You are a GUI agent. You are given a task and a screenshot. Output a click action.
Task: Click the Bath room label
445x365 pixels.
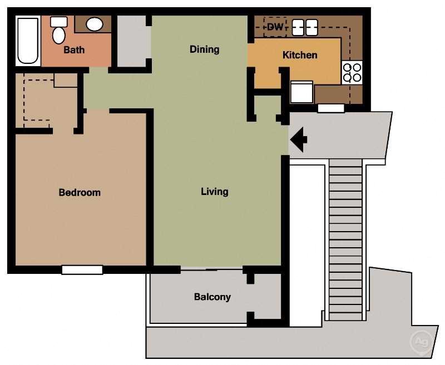(74, 50)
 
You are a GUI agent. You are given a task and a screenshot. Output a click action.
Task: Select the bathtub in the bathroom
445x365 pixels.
(28, 41)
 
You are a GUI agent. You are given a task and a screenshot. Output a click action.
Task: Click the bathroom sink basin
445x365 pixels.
(95, 24)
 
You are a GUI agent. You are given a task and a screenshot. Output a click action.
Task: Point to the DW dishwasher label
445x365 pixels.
(275, 27)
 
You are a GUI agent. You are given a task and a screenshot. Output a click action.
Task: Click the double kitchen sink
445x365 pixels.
(305, 27)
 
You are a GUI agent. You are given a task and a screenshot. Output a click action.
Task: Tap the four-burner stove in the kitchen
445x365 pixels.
(352, 72)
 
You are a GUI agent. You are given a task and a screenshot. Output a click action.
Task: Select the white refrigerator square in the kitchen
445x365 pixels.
(301, 92)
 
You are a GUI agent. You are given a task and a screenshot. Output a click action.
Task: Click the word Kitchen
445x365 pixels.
(300, 55)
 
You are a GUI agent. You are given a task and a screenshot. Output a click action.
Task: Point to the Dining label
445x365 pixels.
(204, 49)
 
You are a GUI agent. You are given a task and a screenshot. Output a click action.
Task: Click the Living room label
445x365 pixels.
(215, 192)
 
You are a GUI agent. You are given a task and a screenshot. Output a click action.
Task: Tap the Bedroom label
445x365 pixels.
(80, 193)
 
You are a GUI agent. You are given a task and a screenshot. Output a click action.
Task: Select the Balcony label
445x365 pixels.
(212, 297)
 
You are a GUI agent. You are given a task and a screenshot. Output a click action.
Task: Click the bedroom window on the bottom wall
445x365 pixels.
(82, 270)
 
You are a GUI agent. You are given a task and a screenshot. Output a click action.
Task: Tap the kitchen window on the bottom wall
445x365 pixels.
(331, 108)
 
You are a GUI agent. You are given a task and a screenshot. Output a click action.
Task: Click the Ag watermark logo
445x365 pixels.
(421, 341)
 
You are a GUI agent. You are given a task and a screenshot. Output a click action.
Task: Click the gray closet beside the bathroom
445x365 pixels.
(131, 42)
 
